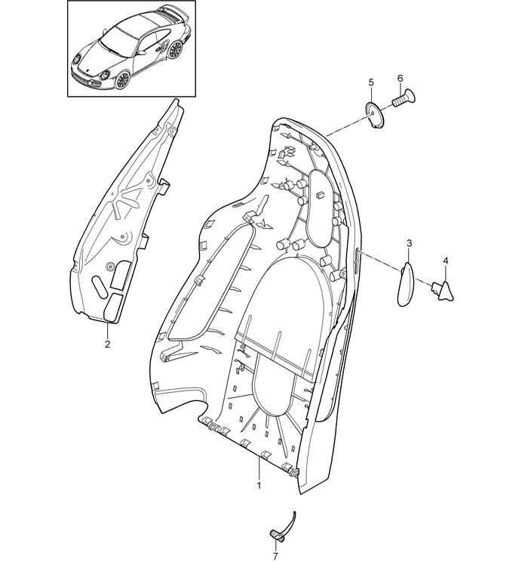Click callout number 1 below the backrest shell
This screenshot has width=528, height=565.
click(x=259, y=485)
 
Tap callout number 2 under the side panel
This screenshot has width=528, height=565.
click(x=107, y=344)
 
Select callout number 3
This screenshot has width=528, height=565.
click(x=410, y=243)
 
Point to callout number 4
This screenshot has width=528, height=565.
click(x=446, y=261)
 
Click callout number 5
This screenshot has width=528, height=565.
click(x=371, y=82)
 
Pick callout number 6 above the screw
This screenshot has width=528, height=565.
click(x=401, y=79)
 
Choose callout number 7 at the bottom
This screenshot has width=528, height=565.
click(x=276, y=557)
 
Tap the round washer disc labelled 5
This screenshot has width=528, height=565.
click(x=375, y=115)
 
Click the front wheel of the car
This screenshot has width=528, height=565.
click(x=122, y=80)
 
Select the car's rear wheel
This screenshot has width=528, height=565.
click(x=175, y=49)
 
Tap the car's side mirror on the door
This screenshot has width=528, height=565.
click(x=142, y=53)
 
